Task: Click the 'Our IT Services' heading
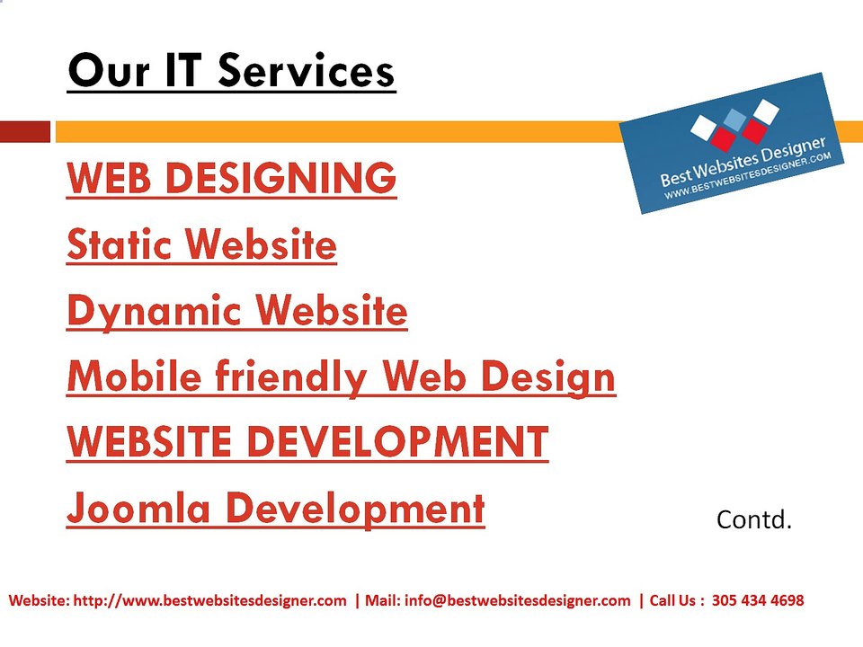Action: (x=231, y=71)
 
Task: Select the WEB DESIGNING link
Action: (x=231, y=178)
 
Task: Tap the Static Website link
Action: (x=201, y=244)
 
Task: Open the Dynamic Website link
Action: (x=236, y=312)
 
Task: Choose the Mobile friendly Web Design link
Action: (x=341, y=377)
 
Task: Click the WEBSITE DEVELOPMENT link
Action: (x=307, y=442)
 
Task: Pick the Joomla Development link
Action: (x=275, y=509)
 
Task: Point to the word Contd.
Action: (x=753, y=519)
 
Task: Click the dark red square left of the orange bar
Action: (x=25, y=132)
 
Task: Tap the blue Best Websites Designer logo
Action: (x=732, y=143)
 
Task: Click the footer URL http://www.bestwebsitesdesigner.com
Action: (x=209, y=600)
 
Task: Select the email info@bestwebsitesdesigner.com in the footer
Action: (x=518, y=600)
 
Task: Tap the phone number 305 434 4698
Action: (x=757, y=599)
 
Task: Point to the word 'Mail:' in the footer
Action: (x=383, y=599)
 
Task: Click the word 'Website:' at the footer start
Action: (x=39, y=599)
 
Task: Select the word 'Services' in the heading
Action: (x=307, y=71)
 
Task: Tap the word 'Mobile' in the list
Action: (x=134, y=376)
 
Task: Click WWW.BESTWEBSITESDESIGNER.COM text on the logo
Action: (x=747, y=176)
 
